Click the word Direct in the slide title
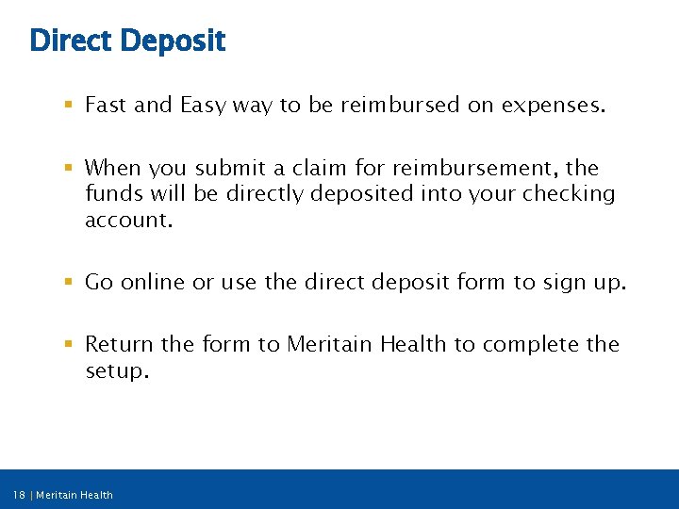(x=72, y=41)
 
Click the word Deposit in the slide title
(x=174, y=41)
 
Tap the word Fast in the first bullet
(x=107, y=106)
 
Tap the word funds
(x=111, y=194)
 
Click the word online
(x=152, y=282)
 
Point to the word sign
(x=565, y=282)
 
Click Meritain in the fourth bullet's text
(x=330, y=344)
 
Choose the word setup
(x=116, y=370)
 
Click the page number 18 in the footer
(x=20, y=495)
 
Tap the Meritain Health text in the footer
(x=75, y=495)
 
